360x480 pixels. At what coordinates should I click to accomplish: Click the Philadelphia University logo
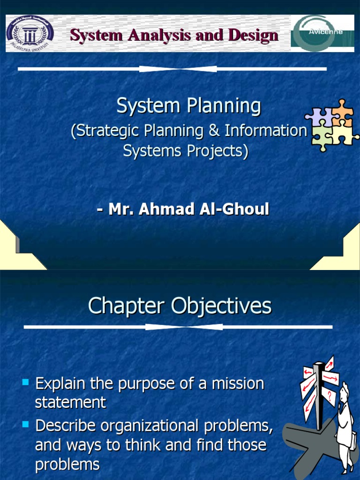click(x=30, y=32)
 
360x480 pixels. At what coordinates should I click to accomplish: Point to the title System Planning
click(x=188, y=106)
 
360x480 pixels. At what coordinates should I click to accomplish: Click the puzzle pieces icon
click(x=332, y=124)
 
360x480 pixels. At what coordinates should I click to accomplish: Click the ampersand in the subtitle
click(x=214, y=131)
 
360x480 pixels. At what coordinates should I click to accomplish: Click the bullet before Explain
click(x=26, y=382)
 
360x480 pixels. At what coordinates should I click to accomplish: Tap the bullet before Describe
click(x=26, y=425)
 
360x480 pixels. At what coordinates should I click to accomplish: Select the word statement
click(x=70, y=402)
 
